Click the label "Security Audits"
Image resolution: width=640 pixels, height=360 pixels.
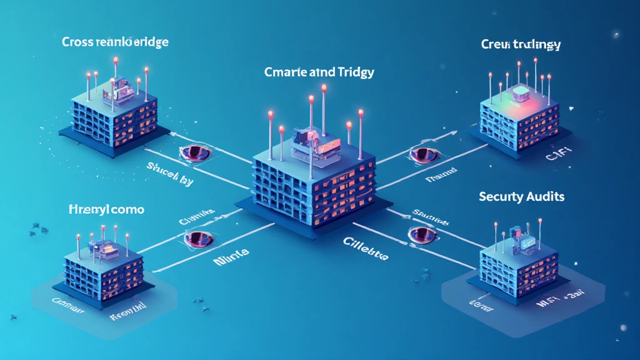pyautogui.click(x=521, y=196)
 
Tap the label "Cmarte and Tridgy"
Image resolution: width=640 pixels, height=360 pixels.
pyautogui.click(x=319, y=72)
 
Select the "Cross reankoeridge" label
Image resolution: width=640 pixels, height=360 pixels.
pyautogui.click(x=116, y=42)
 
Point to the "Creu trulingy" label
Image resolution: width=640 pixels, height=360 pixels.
pyautogui.click(x=521, y=44)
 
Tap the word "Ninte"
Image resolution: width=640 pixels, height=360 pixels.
pyautogui.click(x=231, y=252)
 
